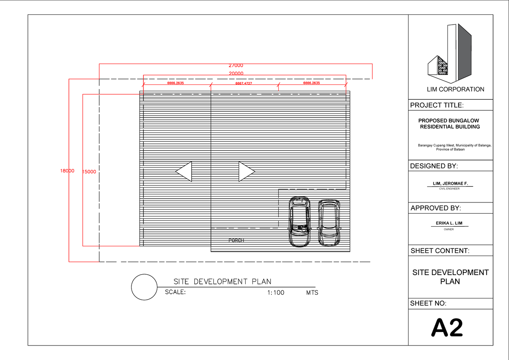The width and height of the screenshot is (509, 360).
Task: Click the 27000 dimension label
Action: point(236,66)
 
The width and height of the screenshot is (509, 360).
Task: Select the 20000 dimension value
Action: point(236,73)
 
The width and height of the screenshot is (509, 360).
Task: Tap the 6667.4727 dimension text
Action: point(244,84)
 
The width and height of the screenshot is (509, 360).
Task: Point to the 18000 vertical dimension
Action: point(67,171)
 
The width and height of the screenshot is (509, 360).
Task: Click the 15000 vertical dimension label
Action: point(89,172)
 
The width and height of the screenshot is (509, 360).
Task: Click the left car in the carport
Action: point(299,222)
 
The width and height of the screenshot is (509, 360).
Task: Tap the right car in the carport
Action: point(329,222)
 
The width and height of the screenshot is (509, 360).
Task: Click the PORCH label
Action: point(236,240)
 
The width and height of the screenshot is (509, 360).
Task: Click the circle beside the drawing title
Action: point(144,287)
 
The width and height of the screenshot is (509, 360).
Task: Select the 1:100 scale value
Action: point(276,292)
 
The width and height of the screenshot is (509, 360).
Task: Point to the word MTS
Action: point(312,292)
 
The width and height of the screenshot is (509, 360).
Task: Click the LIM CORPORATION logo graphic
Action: point(450,53)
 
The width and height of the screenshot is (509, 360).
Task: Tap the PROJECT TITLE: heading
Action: point(437,105)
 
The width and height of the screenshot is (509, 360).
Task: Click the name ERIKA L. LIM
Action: point(449,223)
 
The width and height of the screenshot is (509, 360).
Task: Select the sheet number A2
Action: point(447,328)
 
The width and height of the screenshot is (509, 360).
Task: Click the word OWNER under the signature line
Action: point(449,229)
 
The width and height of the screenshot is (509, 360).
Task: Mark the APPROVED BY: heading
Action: point(436,208)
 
